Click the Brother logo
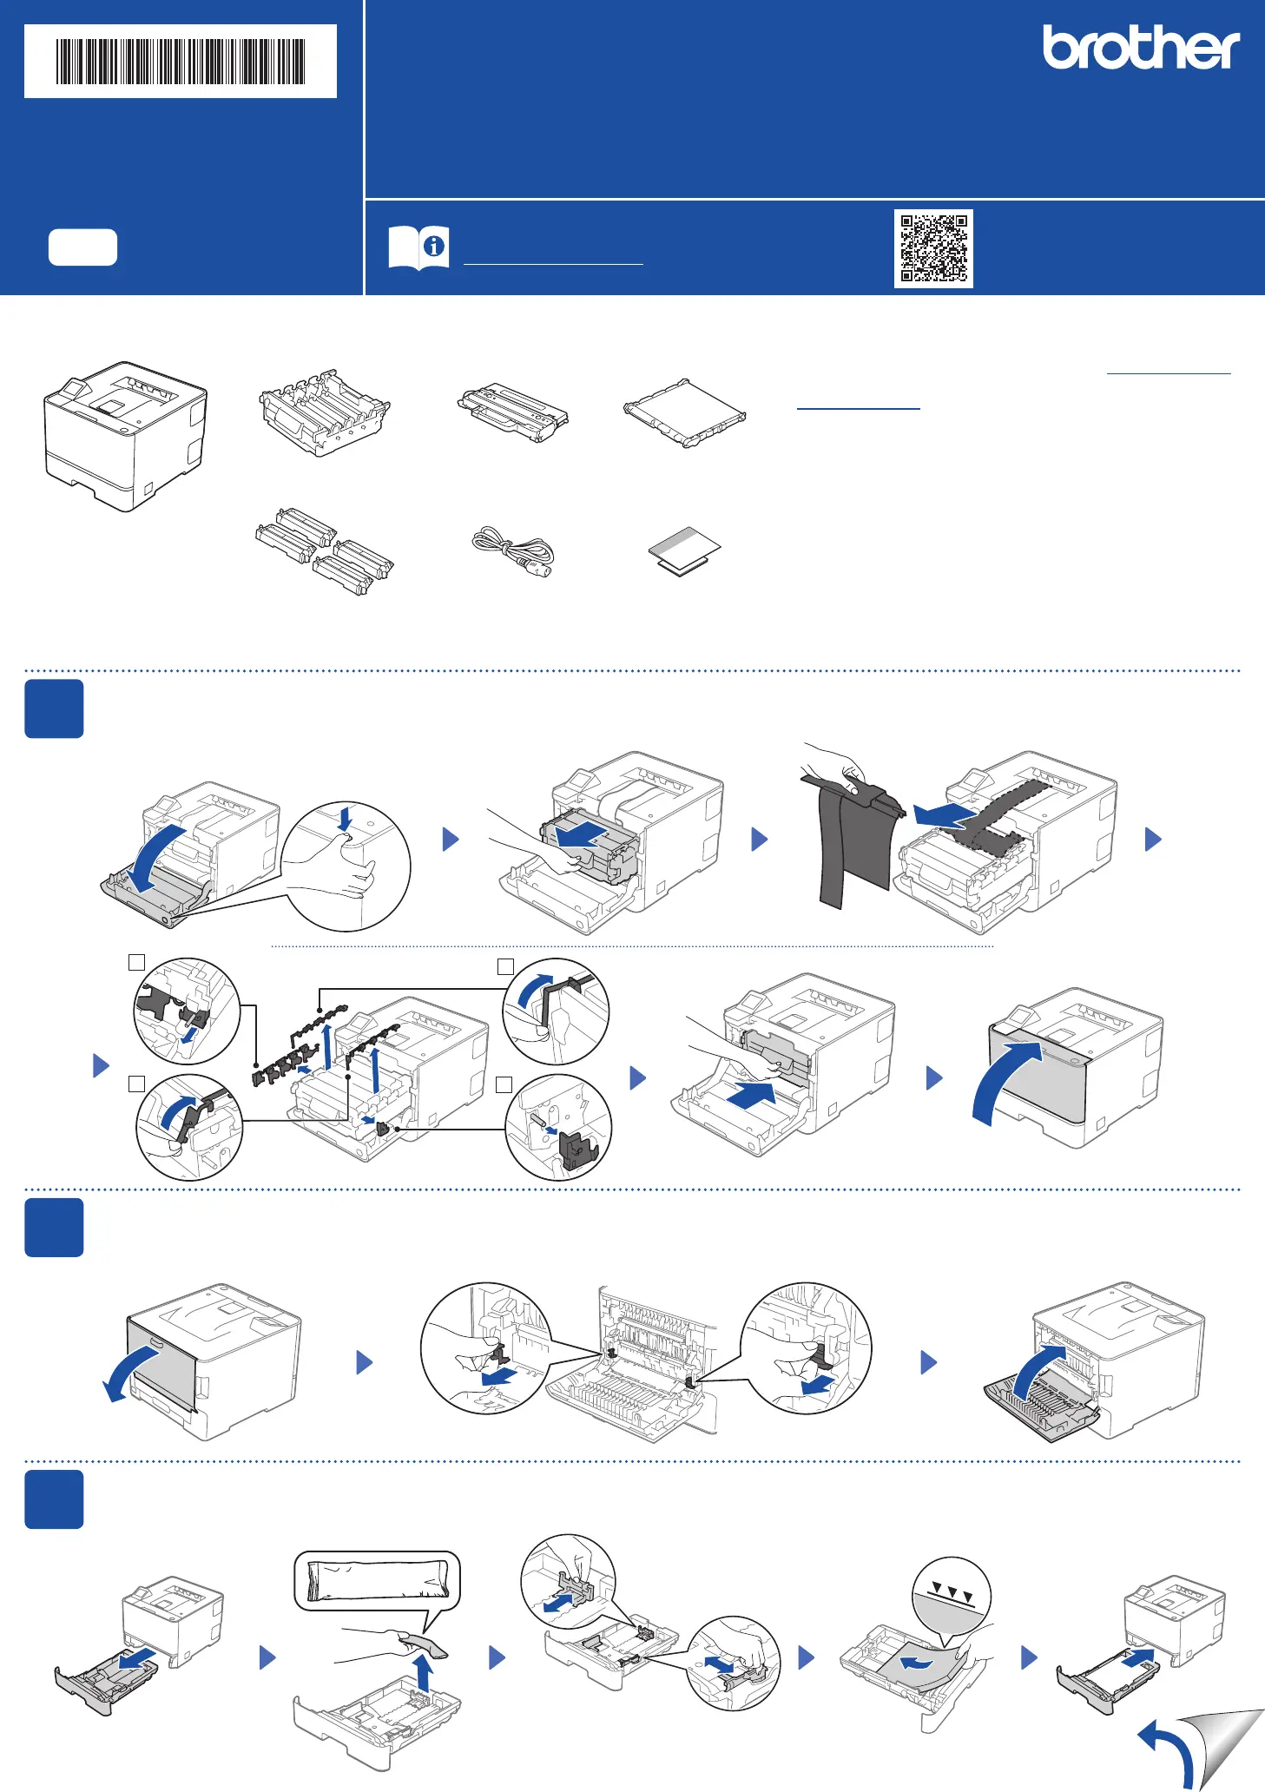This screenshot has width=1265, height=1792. (x=1141, y=48)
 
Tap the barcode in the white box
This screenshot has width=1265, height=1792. (x=181, y=61)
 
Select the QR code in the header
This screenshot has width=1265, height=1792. (x=933, y=248)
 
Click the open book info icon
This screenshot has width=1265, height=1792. (x=418, y=247)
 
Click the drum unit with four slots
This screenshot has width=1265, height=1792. (x=324, y=413)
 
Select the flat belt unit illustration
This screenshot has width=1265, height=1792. (x=685, y=412)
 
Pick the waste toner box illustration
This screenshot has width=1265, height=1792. (x=512, y=412)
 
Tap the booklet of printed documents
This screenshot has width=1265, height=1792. (x=685, y=550)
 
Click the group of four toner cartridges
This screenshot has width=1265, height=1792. (x=324, y=551)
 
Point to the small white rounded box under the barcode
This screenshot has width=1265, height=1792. (x=82, y=247)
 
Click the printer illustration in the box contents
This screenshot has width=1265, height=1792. (x=126, y=436)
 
